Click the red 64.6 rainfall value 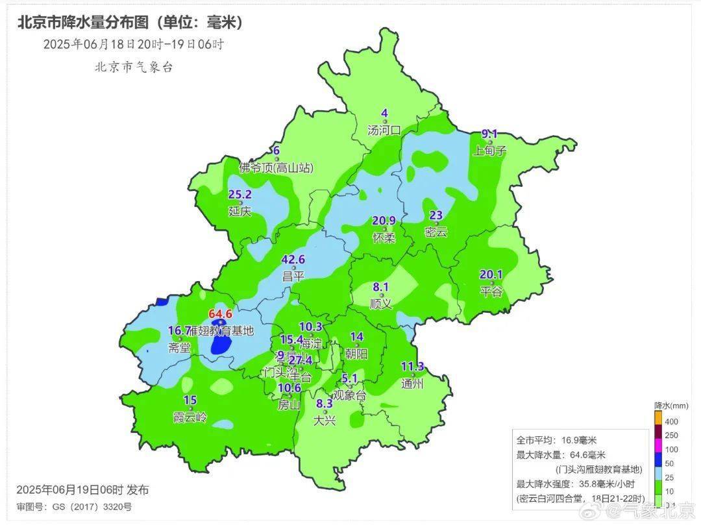point(220,314)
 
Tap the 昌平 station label point(293,275)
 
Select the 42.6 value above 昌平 point(293,260)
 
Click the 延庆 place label point(240,211)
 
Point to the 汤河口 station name point(384,130)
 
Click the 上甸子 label point(489,151)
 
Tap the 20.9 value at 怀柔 point(384,221)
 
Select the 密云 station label point(436,232)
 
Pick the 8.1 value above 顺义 point(380,286)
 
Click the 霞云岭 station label point(190,416)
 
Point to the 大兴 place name point(324,420)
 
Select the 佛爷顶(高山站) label point(276,167)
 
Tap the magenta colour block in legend point(658,449)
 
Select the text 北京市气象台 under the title point(134,67)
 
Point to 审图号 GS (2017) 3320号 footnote point(74,507)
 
